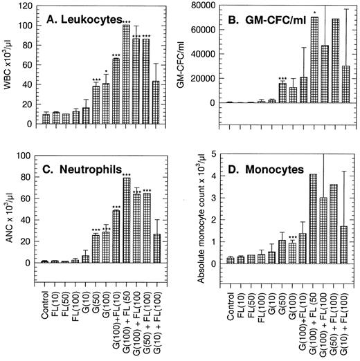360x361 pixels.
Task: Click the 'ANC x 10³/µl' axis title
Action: (8, 214)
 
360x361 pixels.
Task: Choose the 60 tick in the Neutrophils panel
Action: (28, 199)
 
